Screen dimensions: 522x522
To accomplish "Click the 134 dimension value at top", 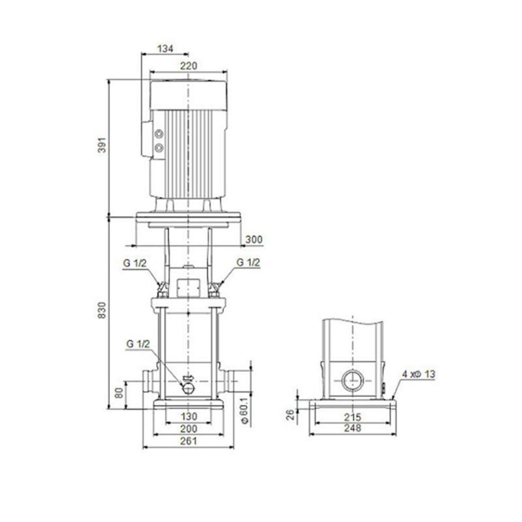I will [166, 49].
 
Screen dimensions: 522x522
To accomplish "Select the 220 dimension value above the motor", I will [187, 67].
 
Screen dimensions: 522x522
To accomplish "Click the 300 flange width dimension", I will [254, 239].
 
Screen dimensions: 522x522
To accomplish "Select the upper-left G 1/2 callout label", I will [135, 263].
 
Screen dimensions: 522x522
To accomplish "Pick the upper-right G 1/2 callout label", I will [248, 263].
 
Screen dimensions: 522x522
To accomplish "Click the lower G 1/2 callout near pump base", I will [138, 345].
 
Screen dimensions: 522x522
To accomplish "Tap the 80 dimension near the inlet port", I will [119, 393].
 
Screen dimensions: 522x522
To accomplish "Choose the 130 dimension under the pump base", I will [188, 416].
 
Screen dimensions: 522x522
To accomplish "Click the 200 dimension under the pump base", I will [188, 429].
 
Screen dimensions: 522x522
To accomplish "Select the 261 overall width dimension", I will [188, 441].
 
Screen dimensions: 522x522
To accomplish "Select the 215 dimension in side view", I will [352, 417].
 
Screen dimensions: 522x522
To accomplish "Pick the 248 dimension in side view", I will [352, 429].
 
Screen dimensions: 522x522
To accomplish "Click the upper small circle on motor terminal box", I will [159, 135].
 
